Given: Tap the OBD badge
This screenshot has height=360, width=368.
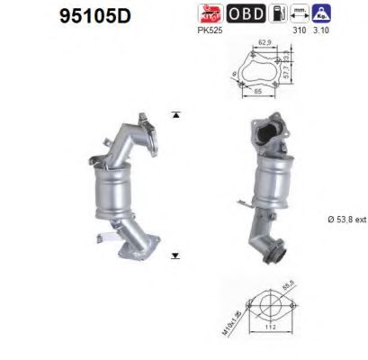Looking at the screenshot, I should coord(245,13).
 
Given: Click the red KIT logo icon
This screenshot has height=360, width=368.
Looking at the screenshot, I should coord(209,13).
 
